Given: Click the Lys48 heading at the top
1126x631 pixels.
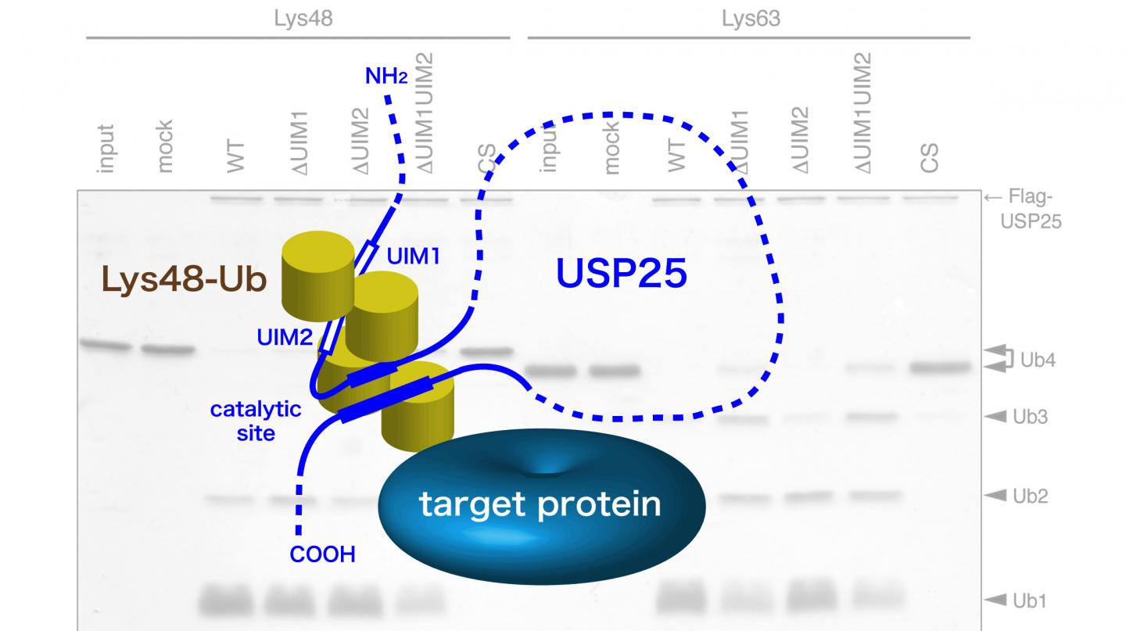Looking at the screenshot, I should pos(303,19).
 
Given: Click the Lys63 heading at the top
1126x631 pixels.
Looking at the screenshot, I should pos(750,19).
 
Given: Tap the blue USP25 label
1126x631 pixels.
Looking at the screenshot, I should pos(621,274).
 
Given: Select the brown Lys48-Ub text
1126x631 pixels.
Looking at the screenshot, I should pos(184,280).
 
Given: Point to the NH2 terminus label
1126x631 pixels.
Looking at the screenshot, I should pos(386,77).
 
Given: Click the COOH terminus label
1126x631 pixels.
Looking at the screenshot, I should pos(322,554).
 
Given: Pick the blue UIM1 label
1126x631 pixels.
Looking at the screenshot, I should pos(414,256).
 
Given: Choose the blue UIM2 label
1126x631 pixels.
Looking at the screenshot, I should pos(285,338).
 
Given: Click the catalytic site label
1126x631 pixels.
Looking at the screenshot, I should pos(256,420).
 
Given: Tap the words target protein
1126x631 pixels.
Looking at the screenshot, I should pos(540,504).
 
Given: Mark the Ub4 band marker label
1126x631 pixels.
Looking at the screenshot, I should pos(1038,360).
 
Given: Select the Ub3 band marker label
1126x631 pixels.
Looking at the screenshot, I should pos(1030,417).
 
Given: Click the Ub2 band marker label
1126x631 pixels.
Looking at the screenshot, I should pos(1030,496).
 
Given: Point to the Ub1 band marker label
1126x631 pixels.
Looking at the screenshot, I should pos(1029,601).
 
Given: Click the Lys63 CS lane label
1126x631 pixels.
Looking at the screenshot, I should pos(929,157).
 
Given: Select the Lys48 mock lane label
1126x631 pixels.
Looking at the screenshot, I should pos(165,146).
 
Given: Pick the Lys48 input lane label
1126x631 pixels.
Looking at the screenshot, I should pos(106,149).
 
